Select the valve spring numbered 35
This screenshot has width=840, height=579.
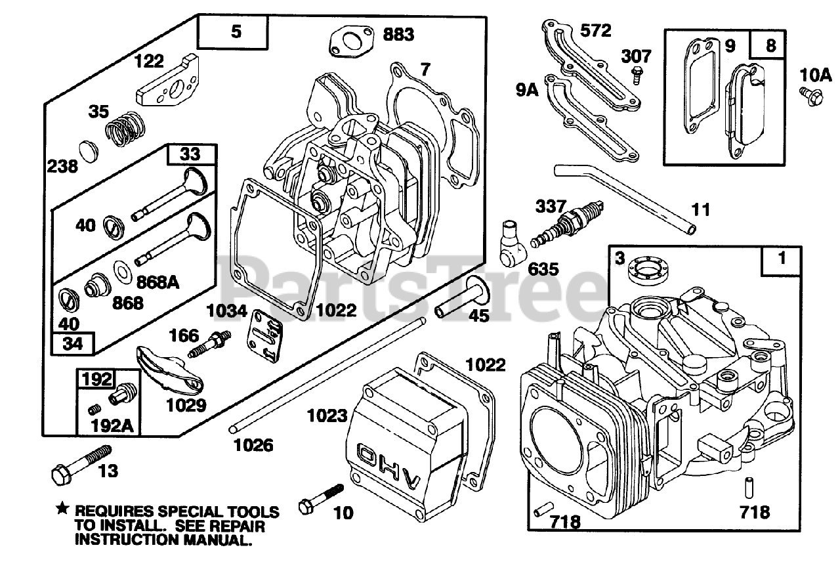click(x=125, y=129)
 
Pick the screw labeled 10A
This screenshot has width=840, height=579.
click(x=808, y=96)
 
